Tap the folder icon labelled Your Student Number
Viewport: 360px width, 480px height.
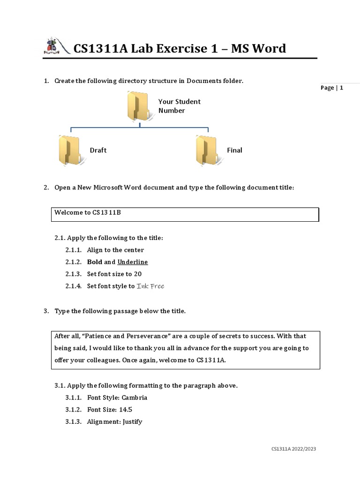(x=138, y=106)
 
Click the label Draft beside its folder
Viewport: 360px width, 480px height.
(x=98, y=150)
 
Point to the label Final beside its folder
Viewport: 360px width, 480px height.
(x=234, y=150)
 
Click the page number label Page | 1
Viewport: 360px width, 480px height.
(x=332, y=88)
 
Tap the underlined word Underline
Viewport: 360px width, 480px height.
(x=133, y=262)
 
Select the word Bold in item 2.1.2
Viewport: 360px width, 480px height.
(x=95, y=262)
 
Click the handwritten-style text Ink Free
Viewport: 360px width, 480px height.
(x=150, y=286)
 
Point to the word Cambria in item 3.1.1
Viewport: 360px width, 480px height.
(x=135, y=397)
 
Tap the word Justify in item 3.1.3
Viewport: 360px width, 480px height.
(x=133, y=421)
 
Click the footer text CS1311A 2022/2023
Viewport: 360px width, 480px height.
(x=293, y=449)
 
